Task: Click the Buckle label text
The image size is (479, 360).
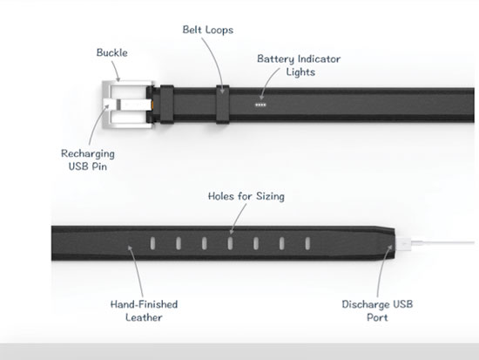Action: coord(111,52)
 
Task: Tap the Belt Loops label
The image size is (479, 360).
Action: coord(208,30)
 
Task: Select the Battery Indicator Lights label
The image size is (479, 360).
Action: coord(299,65)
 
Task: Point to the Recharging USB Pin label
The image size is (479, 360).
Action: coord(88,160)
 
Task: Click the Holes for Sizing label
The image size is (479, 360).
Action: coord(246,196)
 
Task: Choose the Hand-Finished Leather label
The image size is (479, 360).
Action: coord(144,310)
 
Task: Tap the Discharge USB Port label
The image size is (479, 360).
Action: coord(377,310)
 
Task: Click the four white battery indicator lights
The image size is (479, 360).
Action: coord(260,105)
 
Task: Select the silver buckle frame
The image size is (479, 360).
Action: coord(104,105)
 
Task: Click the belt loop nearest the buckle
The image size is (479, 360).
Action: coord(167,105)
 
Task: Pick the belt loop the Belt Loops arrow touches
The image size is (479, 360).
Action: coord(223,105)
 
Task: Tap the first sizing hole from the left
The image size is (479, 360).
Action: coord(152,243)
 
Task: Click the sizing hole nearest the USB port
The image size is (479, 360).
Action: coord(307,243)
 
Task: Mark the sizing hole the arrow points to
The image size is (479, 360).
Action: coord(230,243)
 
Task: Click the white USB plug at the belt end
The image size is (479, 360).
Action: coord(403,243)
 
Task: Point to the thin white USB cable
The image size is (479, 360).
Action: coord(443,243)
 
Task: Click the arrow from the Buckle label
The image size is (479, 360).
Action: coord(116,71)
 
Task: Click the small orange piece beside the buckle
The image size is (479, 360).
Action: coord(152,105)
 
